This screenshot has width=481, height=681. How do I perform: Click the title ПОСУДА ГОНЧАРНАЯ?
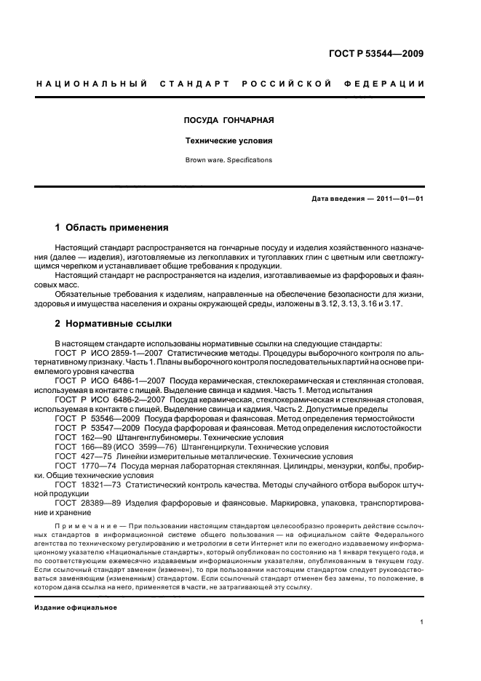228,119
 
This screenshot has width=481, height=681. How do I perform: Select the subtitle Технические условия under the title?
228,140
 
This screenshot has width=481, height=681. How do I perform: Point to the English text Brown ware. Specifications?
228,160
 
